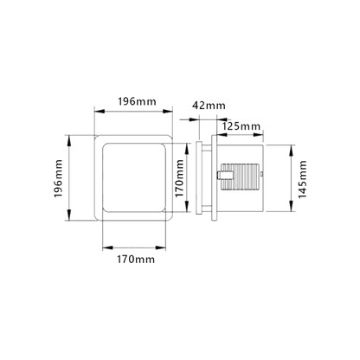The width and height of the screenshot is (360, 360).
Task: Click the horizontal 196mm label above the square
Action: click(x=137, y=101)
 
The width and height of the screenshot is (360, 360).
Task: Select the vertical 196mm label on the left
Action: click(x=58, y=178)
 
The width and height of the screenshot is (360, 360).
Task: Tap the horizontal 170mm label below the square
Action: click(x=136, y=260)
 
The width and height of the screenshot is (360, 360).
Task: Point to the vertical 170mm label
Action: click(x=179, y=178)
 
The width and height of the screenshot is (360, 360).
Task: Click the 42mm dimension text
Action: click(x=209, y=106)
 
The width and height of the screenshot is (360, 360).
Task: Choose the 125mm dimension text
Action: click(x=241, y=126)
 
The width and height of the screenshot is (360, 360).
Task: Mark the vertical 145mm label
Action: click(x=302, y=179)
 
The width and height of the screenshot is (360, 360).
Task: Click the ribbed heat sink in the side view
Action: click(x=240, y=177)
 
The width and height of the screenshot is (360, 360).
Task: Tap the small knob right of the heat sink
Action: click(x=261, y=174)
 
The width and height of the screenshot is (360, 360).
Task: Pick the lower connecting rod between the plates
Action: click(x=207, y=208)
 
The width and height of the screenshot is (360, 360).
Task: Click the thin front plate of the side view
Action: click(x=199, y=177)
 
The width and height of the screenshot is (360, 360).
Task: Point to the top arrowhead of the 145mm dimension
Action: click(x=292, y=150)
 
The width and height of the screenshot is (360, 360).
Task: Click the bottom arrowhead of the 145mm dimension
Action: click(x=292, y=206)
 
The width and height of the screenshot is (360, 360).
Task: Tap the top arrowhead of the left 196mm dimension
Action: click(x=69, y=140)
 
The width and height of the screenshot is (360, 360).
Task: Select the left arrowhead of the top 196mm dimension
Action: click(x=100, y=112)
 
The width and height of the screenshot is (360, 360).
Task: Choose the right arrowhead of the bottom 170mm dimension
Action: click(x=160, y=247)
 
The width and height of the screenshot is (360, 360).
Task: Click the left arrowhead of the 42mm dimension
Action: click(x=194, y=119)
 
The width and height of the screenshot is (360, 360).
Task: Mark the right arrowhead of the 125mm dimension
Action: click(x=258, y=135)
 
